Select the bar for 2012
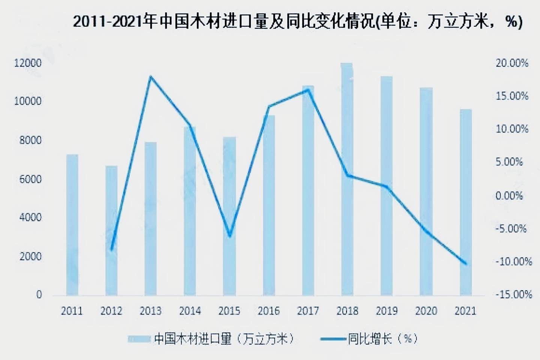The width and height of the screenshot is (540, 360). coord(111,230)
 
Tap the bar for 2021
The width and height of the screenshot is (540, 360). coord(466,202)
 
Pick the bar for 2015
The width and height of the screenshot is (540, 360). coord(229,216)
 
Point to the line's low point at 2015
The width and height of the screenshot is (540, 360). coord(229,236)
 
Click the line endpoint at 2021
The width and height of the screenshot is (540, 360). coord(466,264)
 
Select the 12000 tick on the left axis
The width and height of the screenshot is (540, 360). coord(28,63)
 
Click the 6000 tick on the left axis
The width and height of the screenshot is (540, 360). coord(30,179)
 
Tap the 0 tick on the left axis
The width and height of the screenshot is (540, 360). coord(39,295)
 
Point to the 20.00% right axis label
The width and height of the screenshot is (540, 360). coord(512,63)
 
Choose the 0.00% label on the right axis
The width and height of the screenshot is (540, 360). coord(509,196)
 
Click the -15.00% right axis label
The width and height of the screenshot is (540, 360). coord(513,295)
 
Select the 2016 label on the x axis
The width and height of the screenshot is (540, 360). coord(268,311)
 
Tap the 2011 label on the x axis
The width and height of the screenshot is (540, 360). coord(72,311)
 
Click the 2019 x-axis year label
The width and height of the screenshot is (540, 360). coord(387,311)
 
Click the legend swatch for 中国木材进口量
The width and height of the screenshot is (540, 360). coord(139,339)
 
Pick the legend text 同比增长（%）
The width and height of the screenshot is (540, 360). coord(382,339)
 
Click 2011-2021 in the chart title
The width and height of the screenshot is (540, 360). coord(109,22)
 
